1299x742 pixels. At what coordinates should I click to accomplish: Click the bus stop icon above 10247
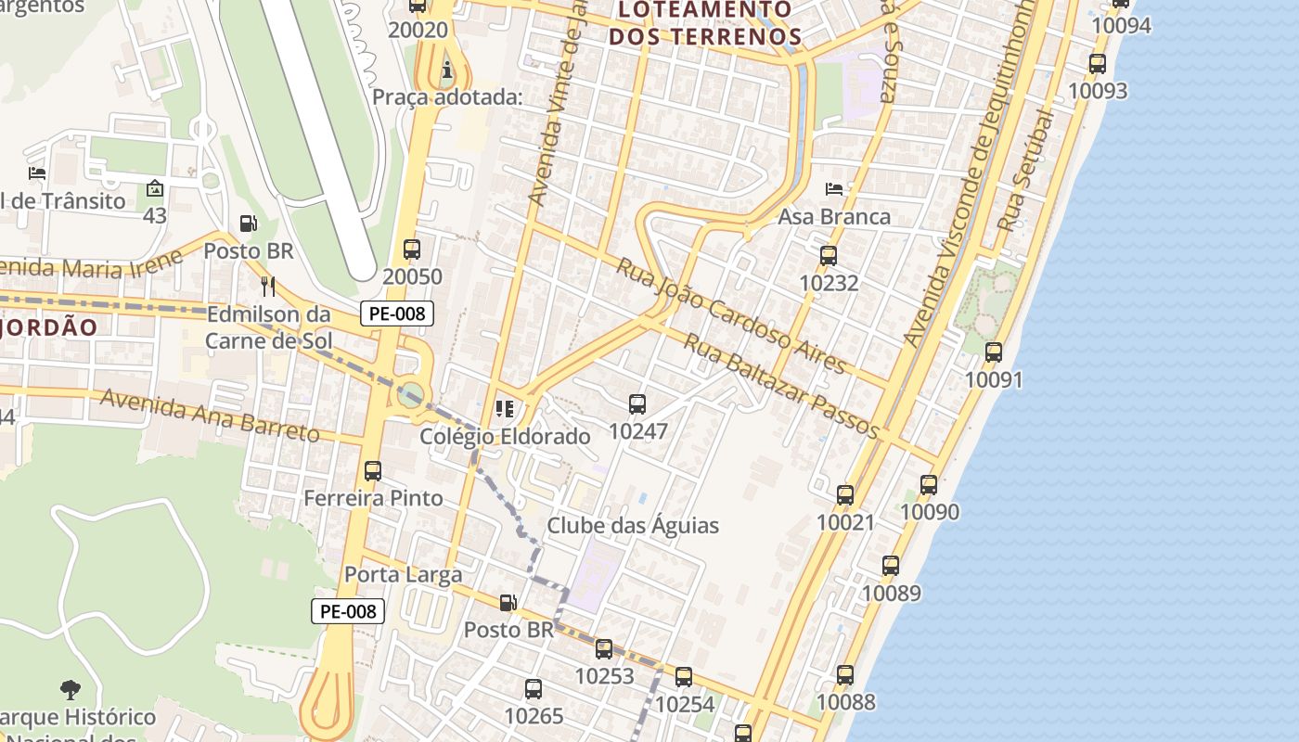637,404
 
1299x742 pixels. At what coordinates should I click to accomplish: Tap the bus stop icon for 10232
828,256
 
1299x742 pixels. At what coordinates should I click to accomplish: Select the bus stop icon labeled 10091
994,352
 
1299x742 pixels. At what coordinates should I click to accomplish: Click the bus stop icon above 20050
412,249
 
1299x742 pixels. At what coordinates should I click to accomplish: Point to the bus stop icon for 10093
1098,64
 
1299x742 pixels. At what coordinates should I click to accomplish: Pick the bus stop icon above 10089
891,566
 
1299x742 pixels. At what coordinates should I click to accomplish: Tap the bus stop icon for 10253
604,649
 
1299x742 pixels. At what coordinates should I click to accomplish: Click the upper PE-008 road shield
397,313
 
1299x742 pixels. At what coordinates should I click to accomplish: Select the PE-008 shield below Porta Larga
348,611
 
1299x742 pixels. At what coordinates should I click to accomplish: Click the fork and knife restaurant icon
268,286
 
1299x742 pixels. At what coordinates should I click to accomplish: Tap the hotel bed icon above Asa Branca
834,189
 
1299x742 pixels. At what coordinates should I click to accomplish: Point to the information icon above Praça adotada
448,70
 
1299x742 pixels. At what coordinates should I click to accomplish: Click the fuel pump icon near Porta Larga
508,604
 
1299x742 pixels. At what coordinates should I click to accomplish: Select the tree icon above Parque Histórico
70,689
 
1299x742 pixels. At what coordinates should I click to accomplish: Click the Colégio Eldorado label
505,436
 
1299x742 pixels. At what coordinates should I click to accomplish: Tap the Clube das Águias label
633,526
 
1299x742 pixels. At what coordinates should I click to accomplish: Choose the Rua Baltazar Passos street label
781,386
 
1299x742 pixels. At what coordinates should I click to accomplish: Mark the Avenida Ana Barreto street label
210,415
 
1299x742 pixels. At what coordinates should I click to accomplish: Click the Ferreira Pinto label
373,498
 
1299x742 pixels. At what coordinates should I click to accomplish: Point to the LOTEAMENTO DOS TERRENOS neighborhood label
704,23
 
